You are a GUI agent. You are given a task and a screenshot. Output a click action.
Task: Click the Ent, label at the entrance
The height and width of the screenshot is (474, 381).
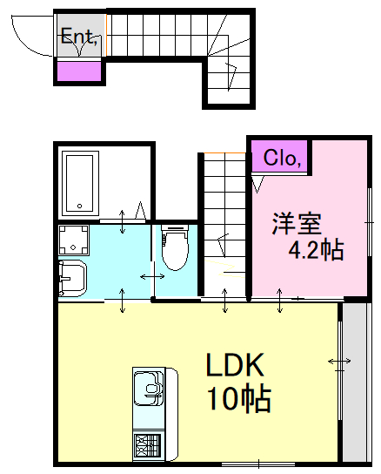tap(79, 37)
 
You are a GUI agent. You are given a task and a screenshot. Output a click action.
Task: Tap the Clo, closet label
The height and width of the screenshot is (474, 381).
tap(282, 158)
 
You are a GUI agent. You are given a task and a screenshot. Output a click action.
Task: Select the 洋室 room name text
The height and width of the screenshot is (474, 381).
tap(297, 224)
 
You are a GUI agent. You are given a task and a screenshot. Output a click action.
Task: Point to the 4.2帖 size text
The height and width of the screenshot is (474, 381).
tap(316, 250)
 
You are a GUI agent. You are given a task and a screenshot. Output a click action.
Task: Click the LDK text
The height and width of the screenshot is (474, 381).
tap(235, 365)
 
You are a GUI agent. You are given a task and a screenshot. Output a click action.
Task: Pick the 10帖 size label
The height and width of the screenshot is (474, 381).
tap(239, 398)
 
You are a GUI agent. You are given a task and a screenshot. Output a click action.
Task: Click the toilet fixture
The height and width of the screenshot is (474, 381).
tap(175, 247)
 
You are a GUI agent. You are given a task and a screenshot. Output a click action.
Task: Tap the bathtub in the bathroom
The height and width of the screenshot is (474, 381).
tap(80, 184)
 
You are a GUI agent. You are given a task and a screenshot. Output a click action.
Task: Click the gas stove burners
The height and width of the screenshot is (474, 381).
tap(148, 446)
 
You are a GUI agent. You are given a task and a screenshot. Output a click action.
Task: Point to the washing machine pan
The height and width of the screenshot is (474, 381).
tap(73, 240)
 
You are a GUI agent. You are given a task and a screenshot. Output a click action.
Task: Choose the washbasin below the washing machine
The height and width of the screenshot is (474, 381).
tap(72, 278)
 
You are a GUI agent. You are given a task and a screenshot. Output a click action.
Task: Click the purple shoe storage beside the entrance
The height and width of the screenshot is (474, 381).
tap(79, 71)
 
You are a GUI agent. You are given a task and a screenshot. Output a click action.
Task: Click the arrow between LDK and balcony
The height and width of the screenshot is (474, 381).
tap(339, 361)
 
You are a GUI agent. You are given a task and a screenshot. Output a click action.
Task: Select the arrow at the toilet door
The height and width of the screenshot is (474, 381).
tap(153, 276)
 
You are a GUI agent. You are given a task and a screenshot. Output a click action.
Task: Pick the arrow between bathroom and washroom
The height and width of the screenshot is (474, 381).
tap(122, 222)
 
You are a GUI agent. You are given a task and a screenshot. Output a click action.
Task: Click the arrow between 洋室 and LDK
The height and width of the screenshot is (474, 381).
tap(279, 301)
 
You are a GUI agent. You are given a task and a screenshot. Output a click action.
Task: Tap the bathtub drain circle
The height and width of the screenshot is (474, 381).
tap(79, 207)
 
